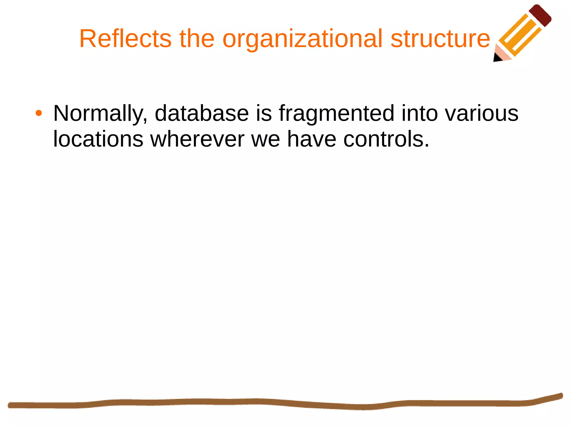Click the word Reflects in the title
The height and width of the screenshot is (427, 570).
(125, 39)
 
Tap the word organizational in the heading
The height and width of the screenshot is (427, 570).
(303, 39)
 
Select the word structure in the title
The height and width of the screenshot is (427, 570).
(440, 39)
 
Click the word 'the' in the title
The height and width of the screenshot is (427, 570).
(197, 39)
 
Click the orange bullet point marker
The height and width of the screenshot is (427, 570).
(39, 113)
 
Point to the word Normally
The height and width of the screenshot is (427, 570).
(100, 113)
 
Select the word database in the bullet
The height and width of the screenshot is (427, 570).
(202, 113)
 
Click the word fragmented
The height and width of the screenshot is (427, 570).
(336, 113)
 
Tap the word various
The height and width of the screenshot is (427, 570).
(481, 113)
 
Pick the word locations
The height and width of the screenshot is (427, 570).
(98, 139)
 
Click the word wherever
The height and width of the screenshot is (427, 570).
(197, 139)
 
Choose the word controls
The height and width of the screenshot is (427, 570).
(386, 139)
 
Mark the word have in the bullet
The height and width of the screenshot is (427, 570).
(311, 139)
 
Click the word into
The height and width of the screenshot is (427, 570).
(419, 113)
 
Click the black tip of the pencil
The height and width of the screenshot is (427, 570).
(497, 58)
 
